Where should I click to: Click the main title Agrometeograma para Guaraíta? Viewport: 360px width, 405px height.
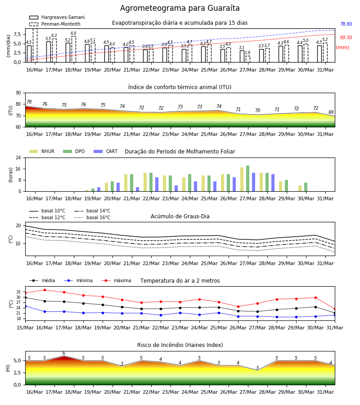pyautogui.click(x=180, y=8)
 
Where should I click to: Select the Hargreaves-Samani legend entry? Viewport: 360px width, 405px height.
pyautogui.click(x=57, y=17)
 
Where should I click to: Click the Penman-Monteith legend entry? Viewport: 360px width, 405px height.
pyautogui.click(x=55, y=24)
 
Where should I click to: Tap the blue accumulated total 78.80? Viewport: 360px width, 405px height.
pyautogui.click(x=346, y=24)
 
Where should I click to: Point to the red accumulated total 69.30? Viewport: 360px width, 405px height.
pyautogui.click(x=346, y=37)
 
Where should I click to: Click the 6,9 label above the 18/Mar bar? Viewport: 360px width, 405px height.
pyautogui.click(x=73, y=33)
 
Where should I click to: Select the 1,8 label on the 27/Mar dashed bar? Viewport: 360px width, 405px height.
pyautogui.click(x=247, y=53)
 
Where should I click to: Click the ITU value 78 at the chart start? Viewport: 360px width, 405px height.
pyautogui.click(x=29, y=102)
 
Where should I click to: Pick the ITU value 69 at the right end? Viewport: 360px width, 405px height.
pyautogui.click(x=331, y=112)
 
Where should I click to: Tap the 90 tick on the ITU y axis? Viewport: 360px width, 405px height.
pyautogui.click(x=18, y=93)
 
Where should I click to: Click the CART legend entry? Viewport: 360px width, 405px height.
pyautogui.click(x=106, y=151)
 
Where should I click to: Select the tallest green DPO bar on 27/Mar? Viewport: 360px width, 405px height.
pyautogui.click(x=247, y=179)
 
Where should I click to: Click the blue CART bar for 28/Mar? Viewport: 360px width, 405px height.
pyautogui.click(x=273, y=183)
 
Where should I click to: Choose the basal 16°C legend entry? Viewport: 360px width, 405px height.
pyautogui.click(x=92, y=217)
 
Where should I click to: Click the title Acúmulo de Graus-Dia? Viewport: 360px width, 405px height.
pyautogui.click(x=180, y=216)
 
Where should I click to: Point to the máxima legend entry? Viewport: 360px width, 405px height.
pyautogui.click(x=116, y=280)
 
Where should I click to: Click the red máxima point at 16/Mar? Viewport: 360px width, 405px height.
pyautogui.click(x=45, y=290)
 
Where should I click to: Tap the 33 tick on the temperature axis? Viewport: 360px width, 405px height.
pyautogui.click(x=18, y=292)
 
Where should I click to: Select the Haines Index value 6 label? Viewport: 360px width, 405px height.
pyautogui.click(x=64, y=353)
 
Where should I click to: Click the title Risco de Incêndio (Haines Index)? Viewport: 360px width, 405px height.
pyautogui.click(x=180, y=345)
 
